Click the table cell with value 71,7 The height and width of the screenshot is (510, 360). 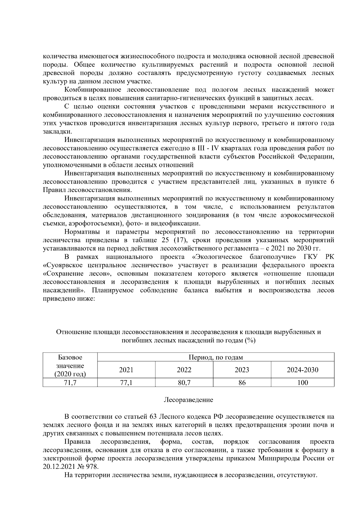click(70, 383)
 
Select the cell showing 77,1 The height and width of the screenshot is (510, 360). click(126, 383)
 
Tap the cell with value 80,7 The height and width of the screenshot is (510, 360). click(184, 383)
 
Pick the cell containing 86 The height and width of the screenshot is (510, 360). click(242, 383)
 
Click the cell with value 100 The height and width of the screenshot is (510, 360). click(302, 383)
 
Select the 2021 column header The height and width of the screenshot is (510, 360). click(126, 370)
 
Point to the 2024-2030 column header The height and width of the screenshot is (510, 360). click(302, 370)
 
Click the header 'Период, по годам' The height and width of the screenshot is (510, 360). click(215, 357)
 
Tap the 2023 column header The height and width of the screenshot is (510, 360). click(242, 370)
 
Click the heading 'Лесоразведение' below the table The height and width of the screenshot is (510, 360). click(188, 400)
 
